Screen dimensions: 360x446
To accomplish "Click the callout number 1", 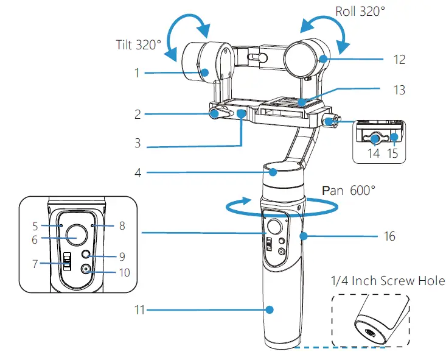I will point(137,73).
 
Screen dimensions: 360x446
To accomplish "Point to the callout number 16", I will point(391,235).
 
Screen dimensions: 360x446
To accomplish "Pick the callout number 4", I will point(138,172).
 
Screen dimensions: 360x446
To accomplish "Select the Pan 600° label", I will point(349,191).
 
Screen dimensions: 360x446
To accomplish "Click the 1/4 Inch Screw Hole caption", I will point(387,281).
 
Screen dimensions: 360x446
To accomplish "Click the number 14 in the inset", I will point(373,154).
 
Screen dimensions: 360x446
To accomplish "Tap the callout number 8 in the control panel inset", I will point(122,225).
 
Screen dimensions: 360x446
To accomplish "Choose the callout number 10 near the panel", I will point(124,272).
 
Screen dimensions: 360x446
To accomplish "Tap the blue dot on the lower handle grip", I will point(272,310).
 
